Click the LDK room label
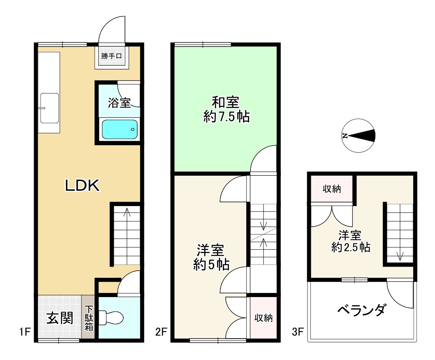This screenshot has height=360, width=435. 82,186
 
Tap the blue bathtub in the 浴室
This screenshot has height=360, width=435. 120,130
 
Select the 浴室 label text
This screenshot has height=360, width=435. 119,103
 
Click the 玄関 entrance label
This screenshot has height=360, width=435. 60,318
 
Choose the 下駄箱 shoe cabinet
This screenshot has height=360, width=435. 89,318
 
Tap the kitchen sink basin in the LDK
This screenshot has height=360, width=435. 49,108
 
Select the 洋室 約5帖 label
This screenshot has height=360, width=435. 211,257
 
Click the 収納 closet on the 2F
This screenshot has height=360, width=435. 264,318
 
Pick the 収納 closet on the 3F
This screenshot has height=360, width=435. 331,189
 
